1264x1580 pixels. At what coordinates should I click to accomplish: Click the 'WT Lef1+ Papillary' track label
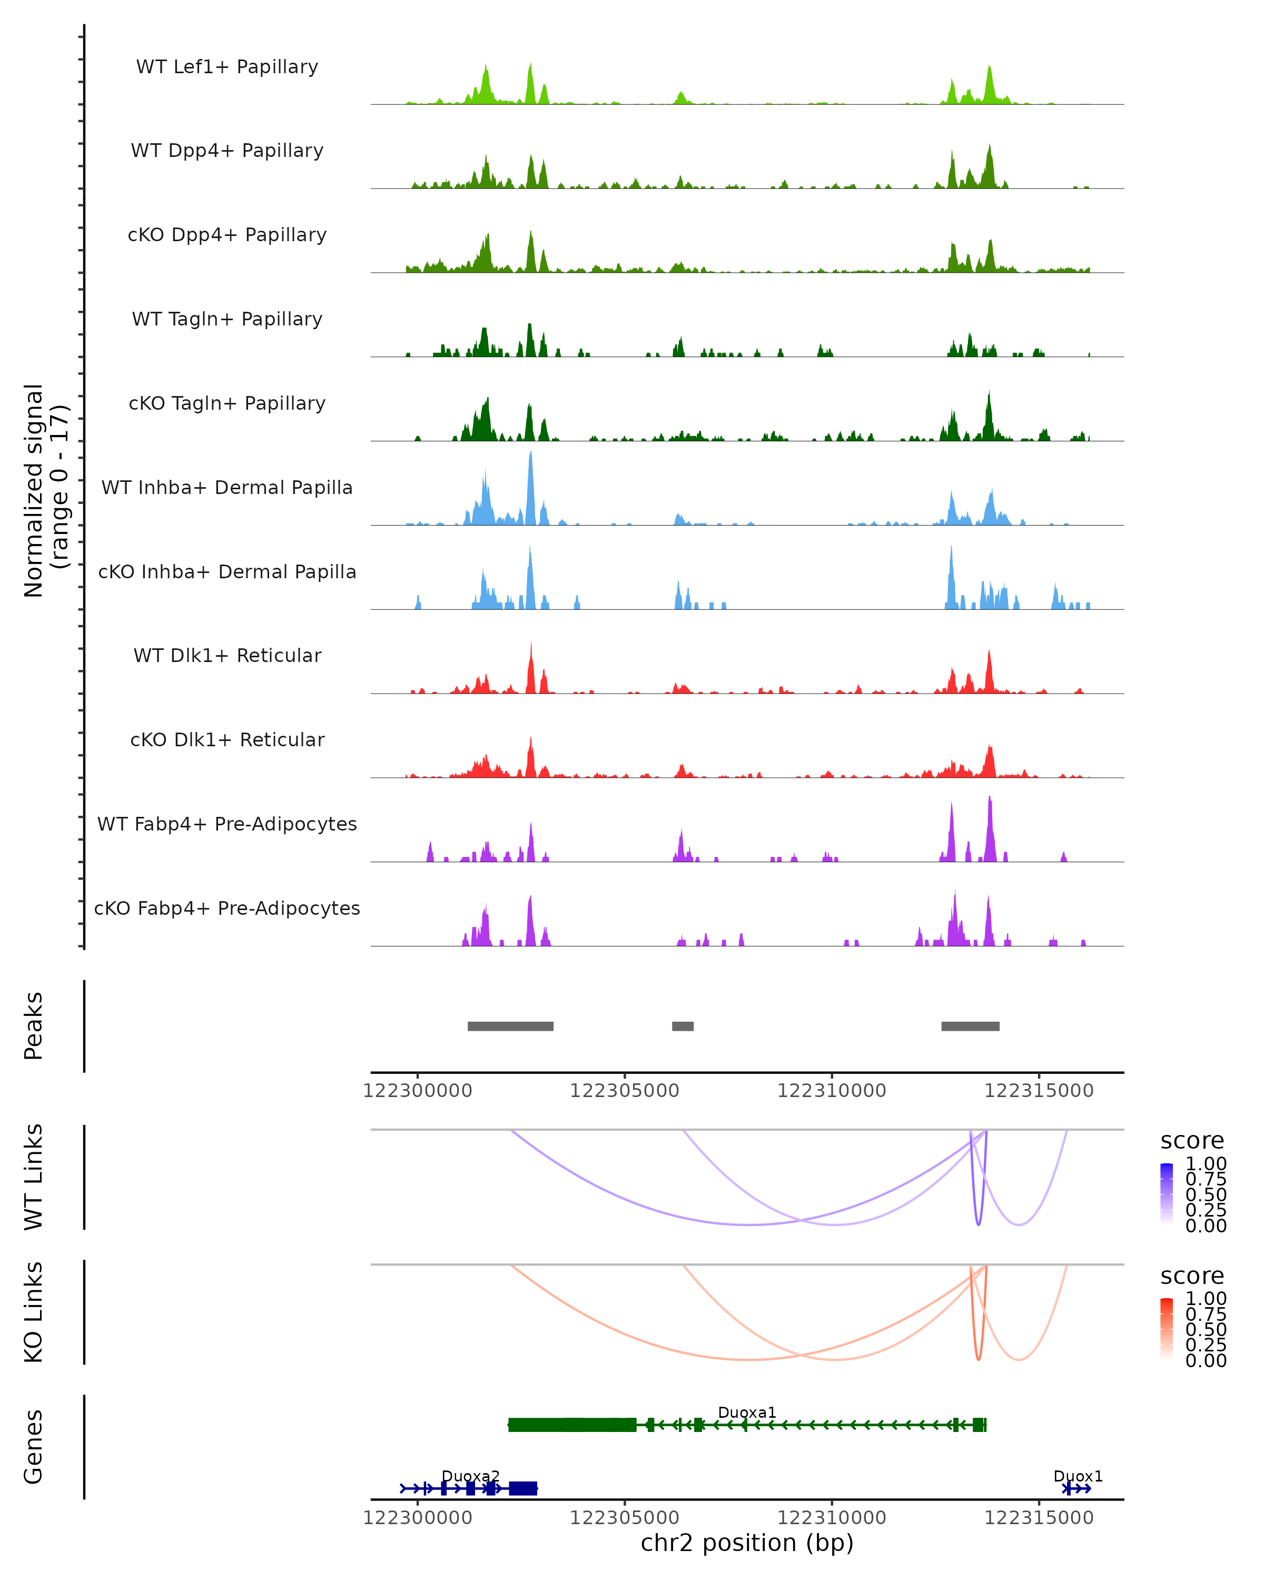click(x=227, y=67)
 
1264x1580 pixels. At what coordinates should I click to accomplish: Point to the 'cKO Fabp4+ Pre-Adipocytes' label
click(x=227, y=908)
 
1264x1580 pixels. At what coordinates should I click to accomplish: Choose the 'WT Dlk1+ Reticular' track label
click(x=227, y=655)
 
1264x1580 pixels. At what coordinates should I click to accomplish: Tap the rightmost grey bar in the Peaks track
click(x=970, y=1026)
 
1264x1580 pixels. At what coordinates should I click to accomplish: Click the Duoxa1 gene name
click(x=747, y=1412)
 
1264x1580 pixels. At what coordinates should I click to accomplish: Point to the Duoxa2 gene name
click(x=470, y=1476)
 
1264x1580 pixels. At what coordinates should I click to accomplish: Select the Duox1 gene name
click(x=1077, y=1476)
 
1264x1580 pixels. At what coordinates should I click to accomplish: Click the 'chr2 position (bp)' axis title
click(x=747, y=1543)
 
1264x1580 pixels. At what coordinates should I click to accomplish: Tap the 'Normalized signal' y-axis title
click(x=34, y=490)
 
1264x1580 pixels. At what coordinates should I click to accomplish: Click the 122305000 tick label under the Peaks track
click(x=624, y=1091)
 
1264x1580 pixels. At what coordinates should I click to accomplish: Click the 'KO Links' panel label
click(x=34, y=1312)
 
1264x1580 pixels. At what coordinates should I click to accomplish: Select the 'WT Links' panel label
click(x=34, y=1177)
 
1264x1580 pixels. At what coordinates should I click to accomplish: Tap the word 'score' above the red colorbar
click(x=1191, y=1276)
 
